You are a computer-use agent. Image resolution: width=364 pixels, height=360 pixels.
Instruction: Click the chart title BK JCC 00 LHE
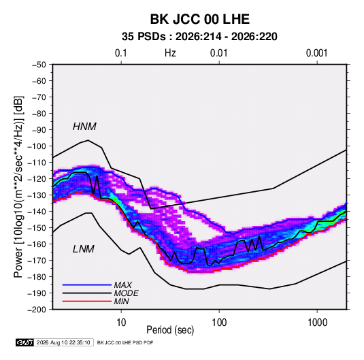tap(200, 19)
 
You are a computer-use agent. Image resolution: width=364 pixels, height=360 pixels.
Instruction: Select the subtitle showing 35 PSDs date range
tap(199, 37)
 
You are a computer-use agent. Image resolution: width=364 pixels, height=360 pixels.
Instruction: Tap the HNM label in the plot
tap(84, 127)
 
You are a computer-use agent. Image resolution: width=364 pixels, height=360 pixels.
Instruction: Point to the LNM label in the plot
tap(84, 249)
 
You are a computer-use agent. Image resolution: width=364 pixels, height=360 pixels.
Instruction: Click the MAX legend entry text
tap(123, 285)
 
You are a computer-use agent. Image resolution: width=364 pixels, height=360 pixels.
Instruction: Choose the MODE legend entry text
tap(127, 293)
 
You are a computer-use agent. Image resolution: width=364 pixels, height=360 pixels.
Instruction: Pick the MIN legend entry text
tap(121, 301)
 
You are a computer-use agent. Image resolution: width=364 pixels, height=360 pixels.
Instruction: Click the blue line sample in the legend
tap(87, 285)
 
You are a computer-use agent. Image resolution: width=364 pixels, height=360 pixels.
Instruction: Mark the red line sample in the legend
tap(87, 301)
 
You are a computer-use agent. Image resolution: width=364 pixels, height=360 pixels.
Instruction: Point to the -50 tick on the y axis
tap(39, 65)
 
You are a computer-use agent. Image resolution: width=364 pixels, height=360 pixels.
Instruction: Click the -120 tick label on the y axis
tap(37, 179)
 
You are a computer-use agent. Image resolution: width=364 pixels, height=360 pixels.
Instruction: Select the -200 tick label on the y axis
tap(37, 310)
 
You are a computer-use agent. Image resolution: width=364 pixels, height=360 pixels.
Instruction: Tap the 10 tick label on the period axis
tap(121, 323)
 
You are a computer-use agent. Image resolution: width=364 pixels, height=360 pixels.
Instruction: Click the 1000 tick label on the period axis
tap(317, 323)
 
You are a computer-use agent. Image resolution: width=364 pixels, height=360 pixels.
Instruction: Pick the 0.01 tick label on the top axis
tap(218, 53)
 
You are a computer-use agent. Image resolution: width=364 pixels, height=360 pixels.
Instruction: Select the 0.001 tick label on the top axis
tap(316, 53)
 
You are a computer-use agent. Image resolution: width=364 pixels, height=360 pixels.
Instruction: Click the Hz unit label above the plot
tap(170, 53)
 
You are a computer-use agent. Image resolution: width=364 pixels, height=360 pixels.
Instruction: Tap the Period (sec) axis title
tap(170, 330)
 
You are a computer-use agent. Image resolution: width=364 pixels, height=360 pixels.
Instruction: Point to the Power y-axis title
tap(18, 186)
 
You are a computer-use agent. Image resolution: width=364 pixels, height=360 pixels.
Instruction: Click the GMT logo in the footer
tap(24, 342)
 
